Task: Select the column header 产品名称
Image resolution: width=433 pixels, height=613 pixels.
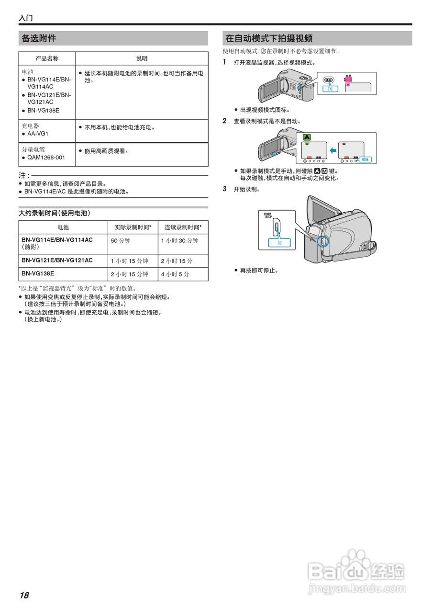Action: [x=47, y=58]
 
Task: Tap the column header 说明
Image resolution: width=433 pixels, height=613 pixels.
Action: [x=142, y=58]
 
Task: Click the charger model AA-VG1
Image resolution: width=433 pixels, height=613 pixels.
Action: [x=38, y=134]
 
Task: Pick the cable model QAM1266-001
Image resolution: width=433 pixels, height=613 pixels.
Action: [x=46, y=158]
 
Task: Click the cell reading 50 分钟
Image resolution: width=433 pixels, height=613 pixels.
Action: [x=121, y=240]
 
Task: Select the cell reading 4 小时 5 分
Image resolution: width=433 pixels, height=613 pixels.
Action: [x=175, y=274]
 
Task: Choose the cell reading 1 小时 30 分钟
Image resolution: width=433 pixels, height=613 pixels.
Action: [x=179, y=240]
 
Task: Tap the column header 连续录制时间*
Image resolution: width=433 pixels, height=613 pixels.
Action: [x=183, y=227]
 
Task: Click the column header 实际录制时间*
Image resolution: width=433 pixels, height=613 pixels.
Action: [x=133, y=227]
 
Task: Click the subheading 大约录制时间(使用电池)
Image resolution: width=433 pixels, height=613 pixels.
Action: [x=55, y=213]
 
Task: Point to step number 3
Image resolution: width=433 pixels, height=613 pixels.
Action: [x=224, y=189]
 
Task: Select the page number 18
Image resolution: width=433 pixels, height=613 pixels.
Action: [x=24, y=595]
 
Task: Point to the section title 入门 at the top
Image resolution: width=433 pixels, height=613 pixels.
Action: [x=26, y=18]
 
